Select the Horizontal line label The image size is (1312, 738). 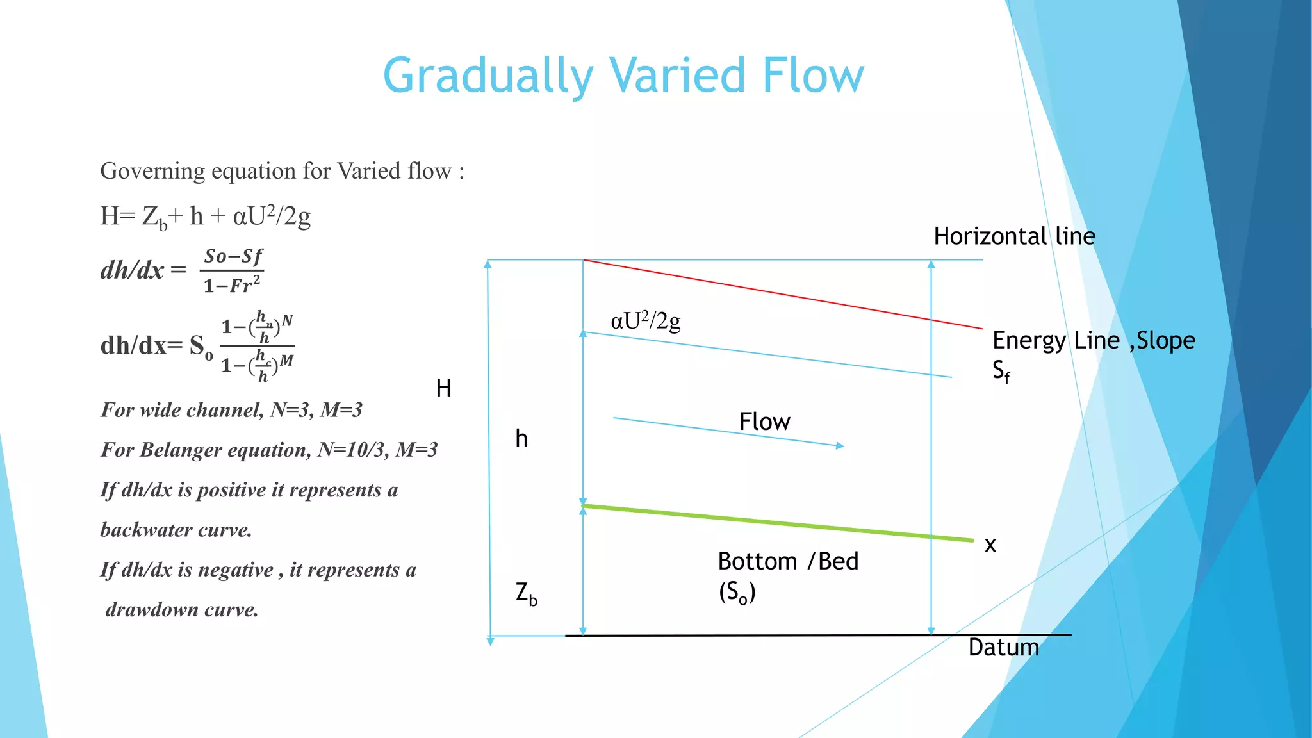pos(1014,236)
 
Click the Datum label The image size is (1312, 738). pos(1003,648)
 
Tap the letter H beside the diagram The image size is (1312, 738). pos(443,388)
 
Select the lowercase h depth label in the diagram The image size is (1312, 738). pos(521,439)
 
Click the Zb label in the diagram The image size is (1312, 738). pos(526,593)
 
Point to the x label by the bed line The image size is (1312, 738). pos(990,545)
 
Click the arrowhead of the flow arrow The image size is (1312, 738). pos(840,445)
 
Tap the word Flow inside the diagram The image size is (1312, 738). pos(764,422)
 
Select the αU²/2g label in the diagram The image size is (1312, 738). pos(645,320)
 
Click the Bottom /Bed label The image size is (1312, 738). pos(787,561)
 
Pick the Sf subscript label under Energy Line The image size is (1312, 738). pos(1001,372)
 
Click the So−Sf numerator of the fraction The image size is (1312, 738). pos(233,257)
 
